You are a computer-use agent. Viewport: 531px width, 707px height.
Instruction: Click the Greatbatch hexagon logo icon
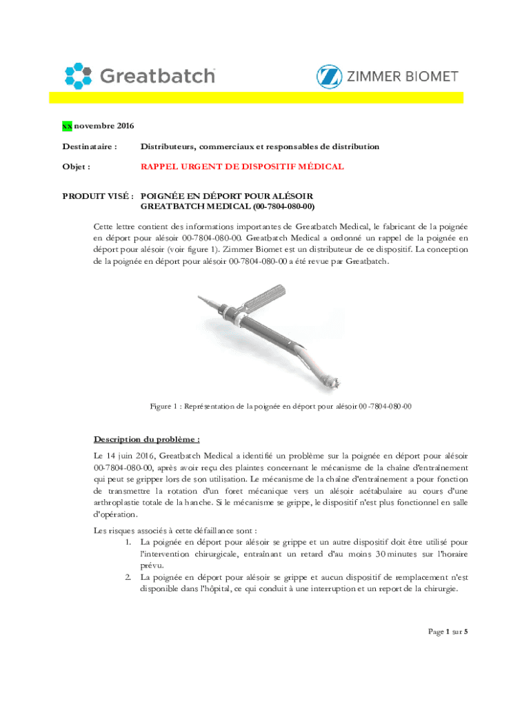click(x=78, y=75)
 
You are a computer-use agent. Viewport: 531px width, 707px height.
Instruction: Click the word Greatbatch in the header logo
click(x=158, y=75)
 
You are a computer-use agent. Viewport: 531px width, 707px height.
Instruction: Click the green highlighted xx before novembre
click(x=67, y=126)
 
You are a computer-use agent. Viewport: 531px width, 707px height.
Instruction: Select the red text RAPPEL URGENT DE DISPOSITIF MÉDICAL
click(x=242, y=167)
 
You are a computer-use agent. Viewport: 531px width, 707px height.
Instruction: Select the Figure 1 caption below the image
click(x=281, y=407)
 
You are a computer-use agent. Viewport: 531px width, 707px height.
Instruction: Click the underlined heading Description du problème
click(x=147, y=439)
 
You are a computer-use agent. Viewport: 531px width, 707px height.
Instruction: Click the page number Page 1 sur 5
click(x=447, y=632)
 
